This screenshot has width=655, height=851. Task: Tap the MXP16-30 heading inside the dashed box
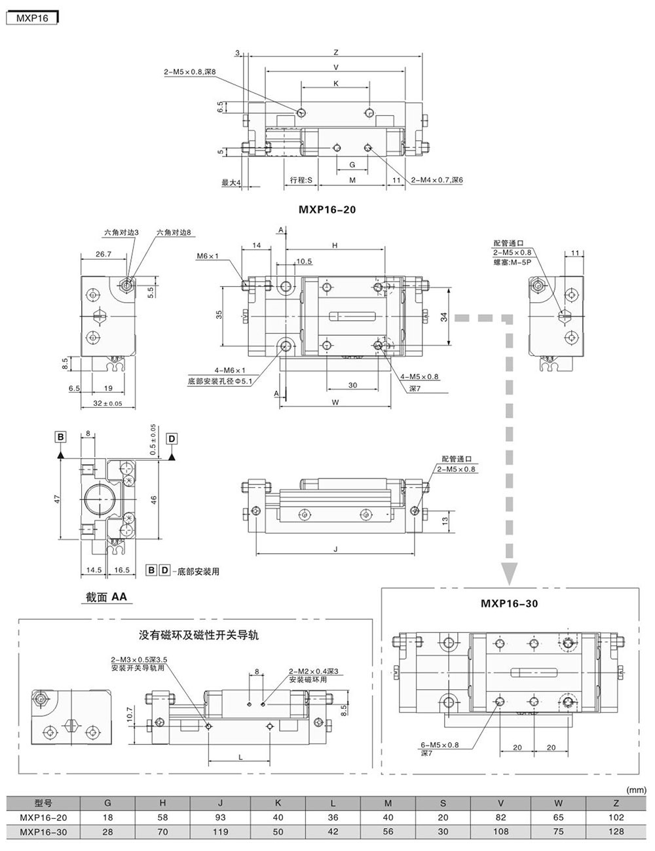coord(509,603)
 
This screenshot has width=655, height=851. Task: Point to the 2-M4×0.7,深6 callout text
coord(438,180)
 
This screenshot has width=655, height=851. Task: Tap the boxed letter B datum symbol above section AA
coord(60,437)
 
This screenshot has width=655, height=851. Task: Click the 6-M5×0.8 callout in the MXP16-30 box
coord(440,745)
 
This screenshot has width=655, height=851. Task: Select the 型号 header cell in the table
coord(43,803)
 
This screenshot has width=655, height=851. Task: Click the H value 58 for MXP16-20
coord(163,818)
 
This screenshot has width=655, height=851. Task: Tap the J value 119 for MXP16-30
coord(221,832)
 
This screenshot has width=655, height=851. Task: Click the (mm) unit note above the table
coord(637,790)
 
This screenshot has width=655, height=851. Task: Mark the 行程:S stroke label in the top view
coord(301,180)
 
